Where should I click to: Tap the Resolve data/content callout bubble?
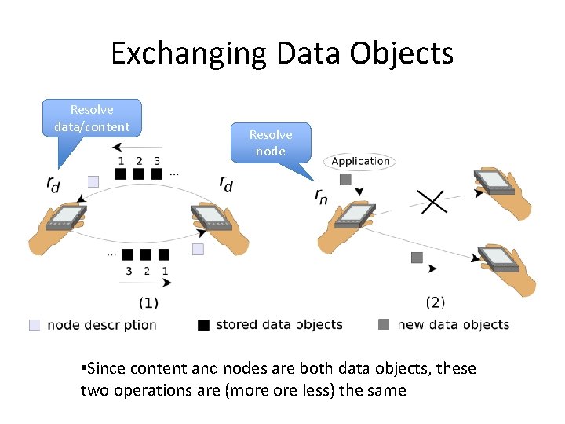(92, 119)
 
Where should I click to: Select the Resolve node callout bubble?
(271, 143)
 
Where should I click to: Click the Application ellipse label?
(360, 162)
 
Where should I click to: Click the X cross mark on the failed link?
(432, 200)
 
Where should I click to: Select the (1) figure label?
(148, 302)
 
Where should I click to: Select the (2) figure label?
(436, 302)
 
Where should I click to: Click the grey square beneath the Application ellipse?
(345, 180)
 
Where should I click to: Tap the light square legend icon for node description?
(35, 325)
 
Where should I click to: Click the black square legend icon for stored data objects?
(204, 325)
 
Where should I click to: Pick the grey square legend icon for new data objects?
(384, 325)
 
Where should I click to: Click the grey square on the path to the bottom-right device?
(417, 258)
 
